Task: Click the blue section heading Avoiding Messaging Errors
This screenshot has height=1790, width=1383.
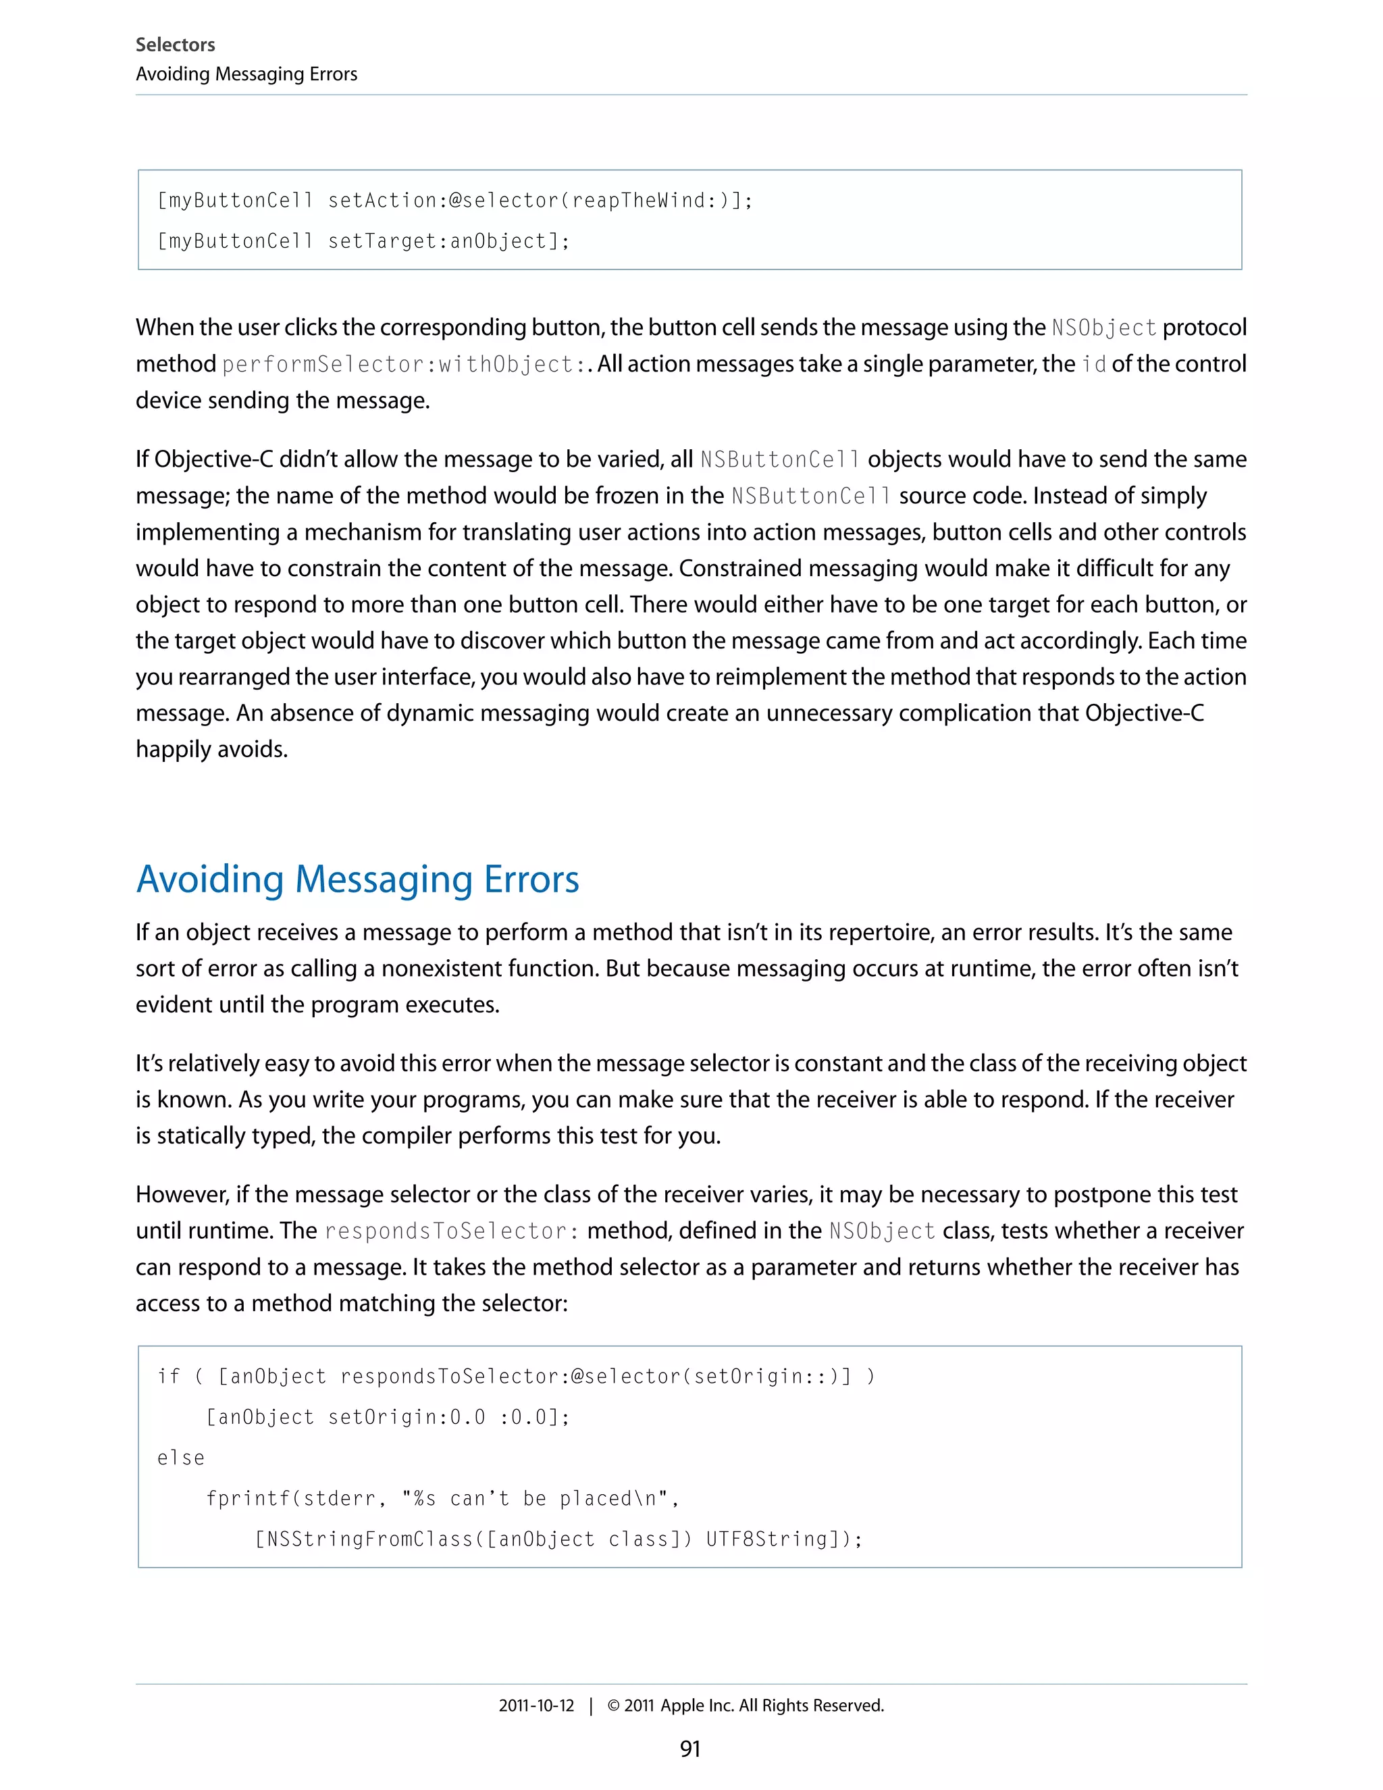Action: coord(357,879)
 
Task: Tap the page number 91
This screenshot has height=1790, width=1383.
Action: coord(690,1749)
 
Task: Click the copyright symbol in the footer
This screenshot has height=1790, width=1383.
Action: coord(613,1706)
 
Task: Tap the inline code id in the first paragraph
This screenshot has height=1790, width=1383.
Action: coord(1093,365)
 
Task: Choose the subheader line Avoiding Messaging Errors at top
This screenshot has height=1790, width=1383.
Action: coord(246,74)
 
